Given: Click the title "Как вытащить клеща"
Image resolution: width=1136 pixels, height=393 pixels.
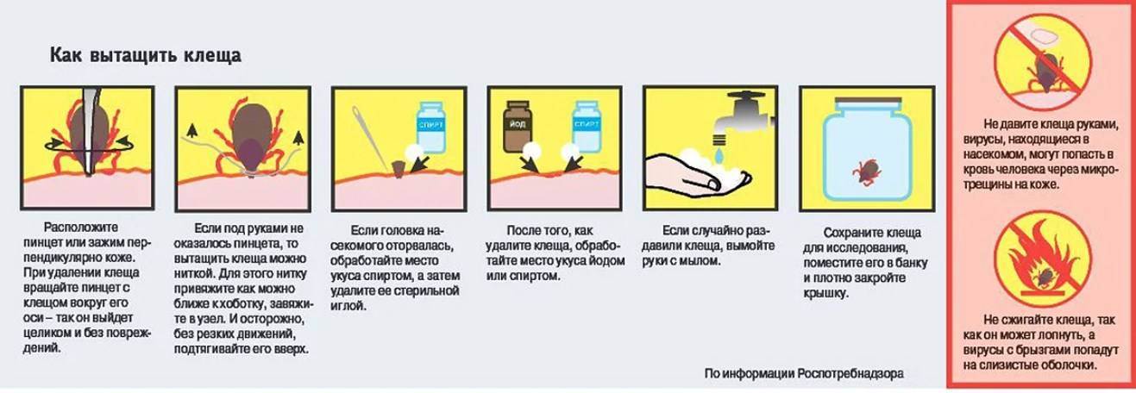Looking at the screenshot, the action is pyautogui.click(x=145, y=55).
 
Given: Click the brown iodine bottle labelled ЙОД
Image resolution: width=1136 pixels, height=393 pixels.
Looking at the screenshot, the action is pyautogui.click(x=518, y=126).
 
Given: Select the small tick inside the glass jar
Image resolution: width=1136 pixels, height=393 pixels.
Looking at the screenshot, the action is pyautogui.click(x=868, y=172).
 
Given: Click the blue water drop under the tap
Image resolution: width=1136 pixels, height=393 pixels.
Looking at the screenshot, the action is pyautogui.click(x=719, y=154).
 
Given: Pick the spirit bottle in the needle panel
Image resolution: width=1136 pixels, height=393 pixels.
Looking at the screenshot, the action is pyautogui.click(x=431, y=127).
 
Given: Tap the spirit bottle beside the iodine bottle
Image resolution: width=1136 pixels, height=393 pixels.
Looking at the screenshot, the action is pyautogui.click(x=587, y=127).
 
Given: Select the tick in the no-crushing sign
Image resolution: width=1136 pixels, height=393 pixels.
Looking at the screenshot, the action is pyautogui.click(x=1043, y=73).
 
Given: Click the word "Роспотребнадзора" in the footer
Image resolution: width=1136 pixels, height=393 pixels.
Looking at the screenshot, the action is pyautogui.click(x=850, y=374).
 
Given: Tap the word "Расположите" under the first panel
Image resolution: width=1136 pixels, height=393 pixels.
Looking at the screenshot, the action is pyautogui.click(x=81, y=228).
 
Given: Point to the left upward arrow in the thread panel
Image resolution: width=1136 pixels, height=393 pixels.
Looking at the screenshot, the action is pyautogui.click(x=191, y=131).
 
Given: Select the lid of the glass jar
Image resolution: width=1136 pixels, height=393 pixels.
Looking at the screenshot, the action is pyautogui.click(x=868, y=104).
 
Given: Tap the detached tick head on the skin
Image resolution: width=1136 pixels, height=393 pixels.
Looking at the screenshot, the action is pyautogui.click(x=399, y=169).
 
